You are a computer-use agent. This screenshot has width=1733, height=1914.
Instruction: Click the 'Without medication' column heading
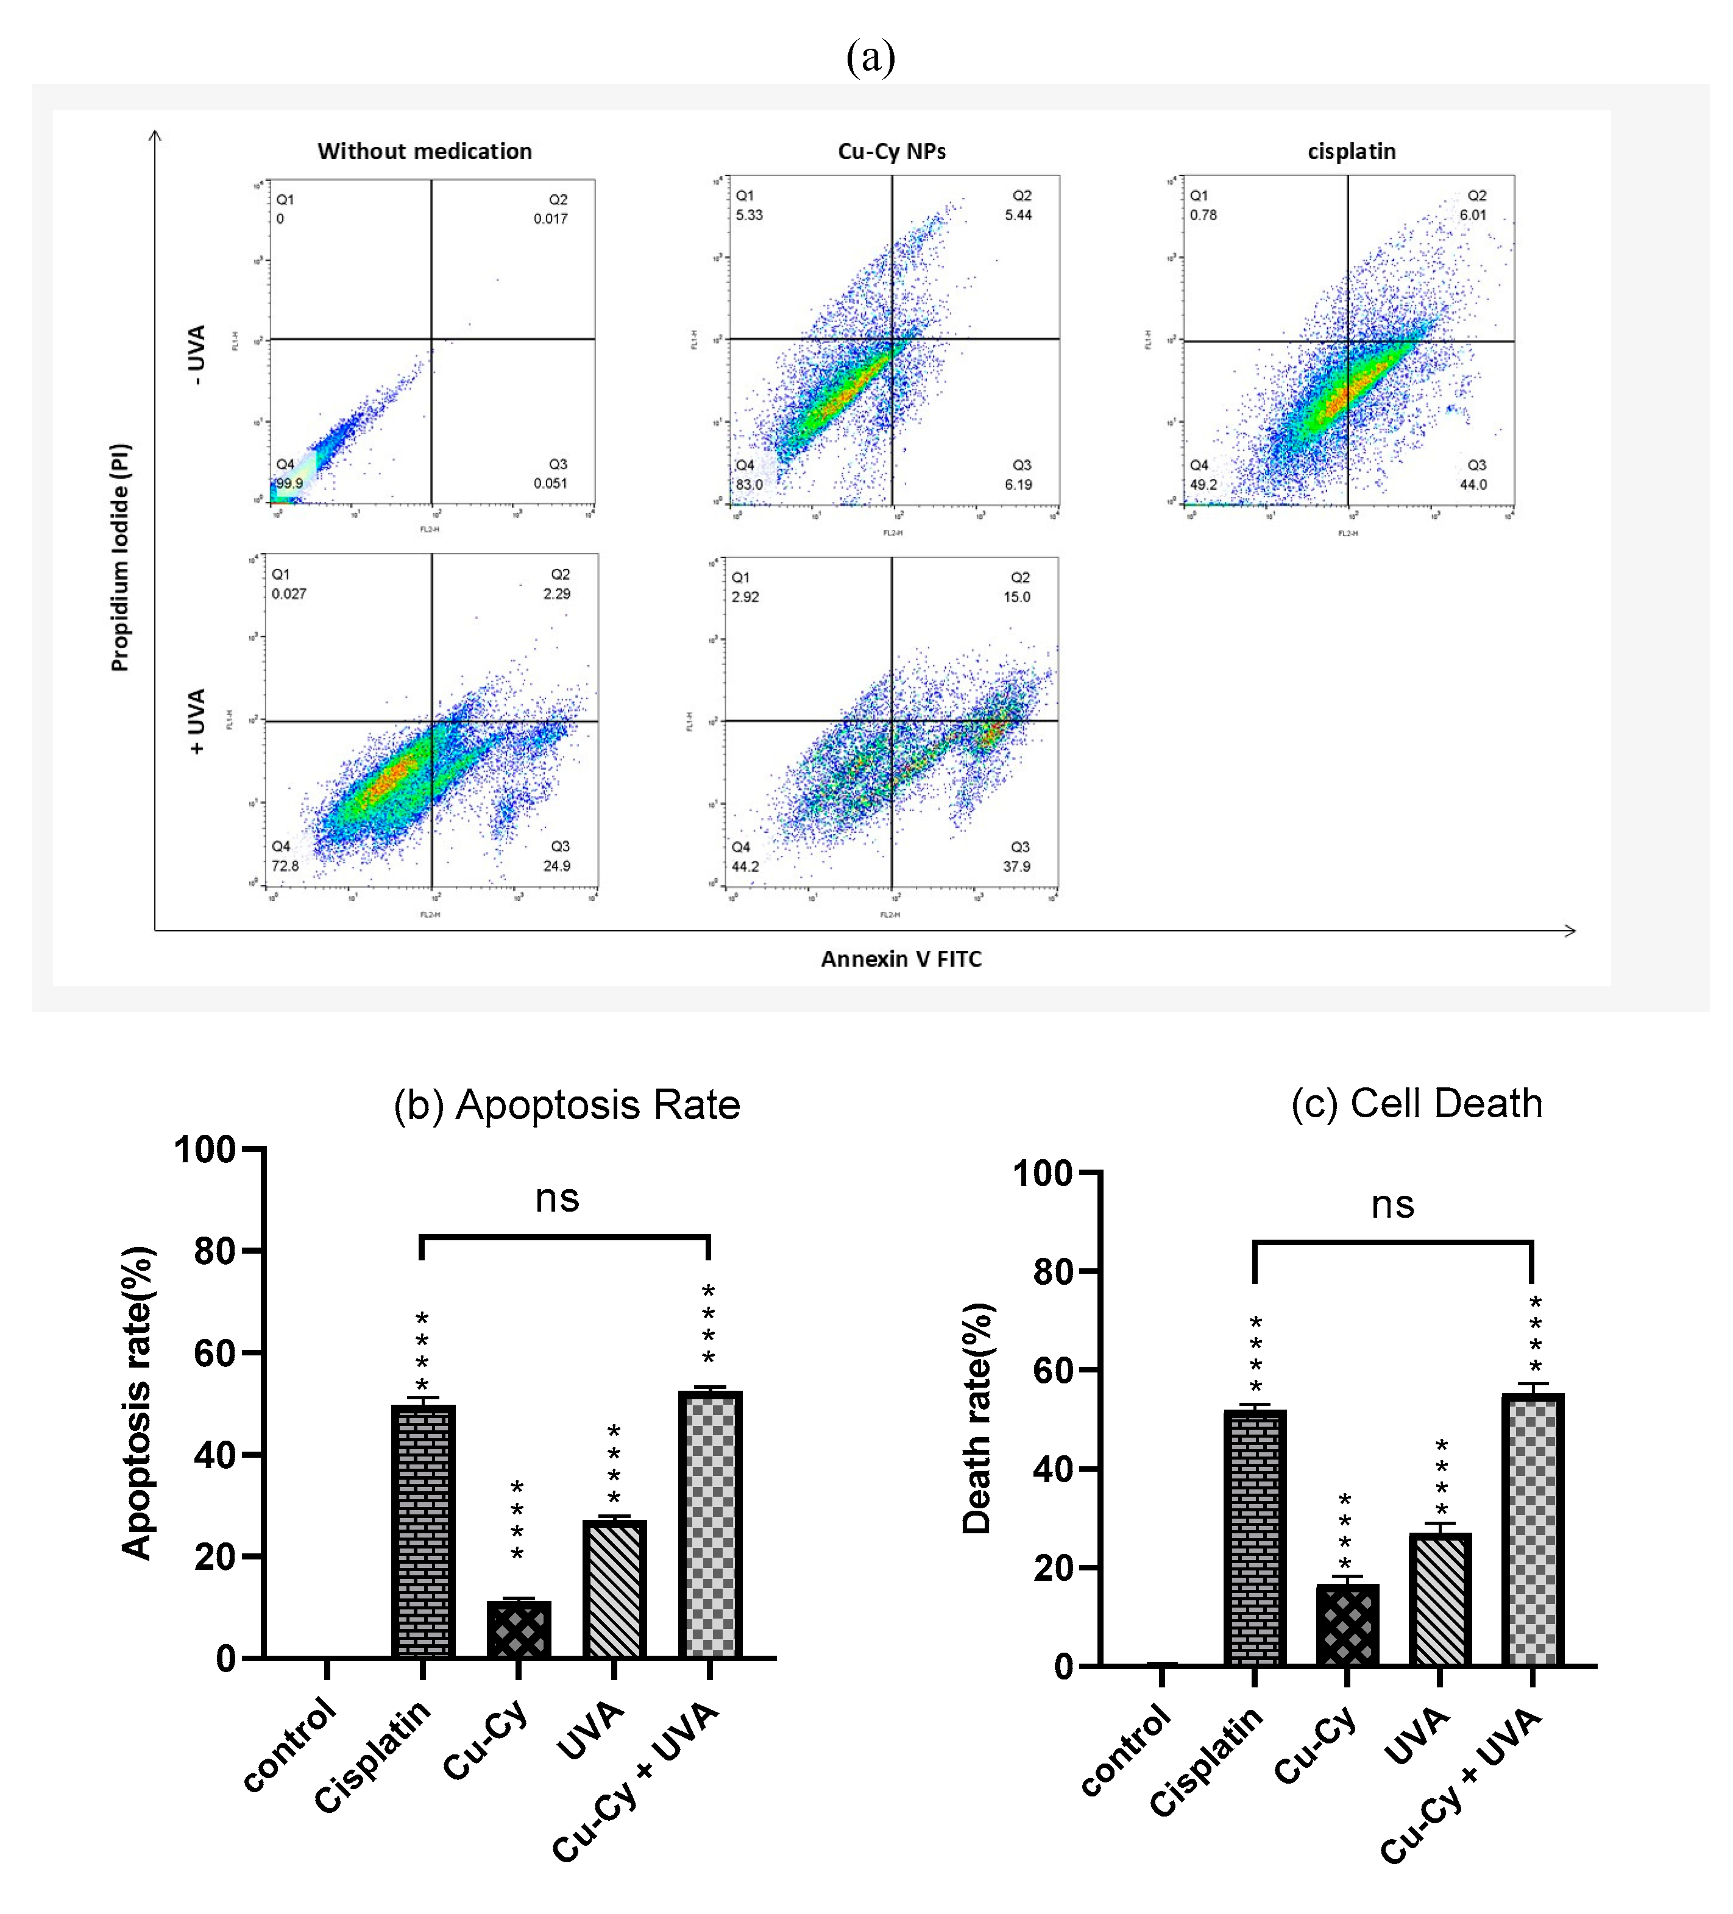pyautogui.click(x=425, y=151)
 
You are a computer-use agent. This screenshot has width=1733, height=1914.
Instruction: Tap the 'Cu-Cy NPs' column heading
pyautogui.click(x=891, y=151)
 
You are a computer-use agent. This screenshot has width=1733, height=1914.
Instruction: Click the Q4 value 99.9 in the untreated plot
pyautogui.click(x=289, y=483)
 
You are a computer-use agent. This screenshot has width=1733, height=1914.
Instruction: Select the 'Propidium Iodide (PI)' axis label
pyautogui.click(x=119, y=557)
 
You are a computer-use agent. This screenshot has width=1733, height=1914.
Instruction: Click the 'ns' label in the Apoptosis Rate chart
pyautogui.click(x=556, y=1199)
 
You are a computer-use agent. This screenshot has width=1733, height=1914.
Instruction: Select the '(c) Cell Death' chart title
pyautogui.click(x=1416, y=1103)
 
